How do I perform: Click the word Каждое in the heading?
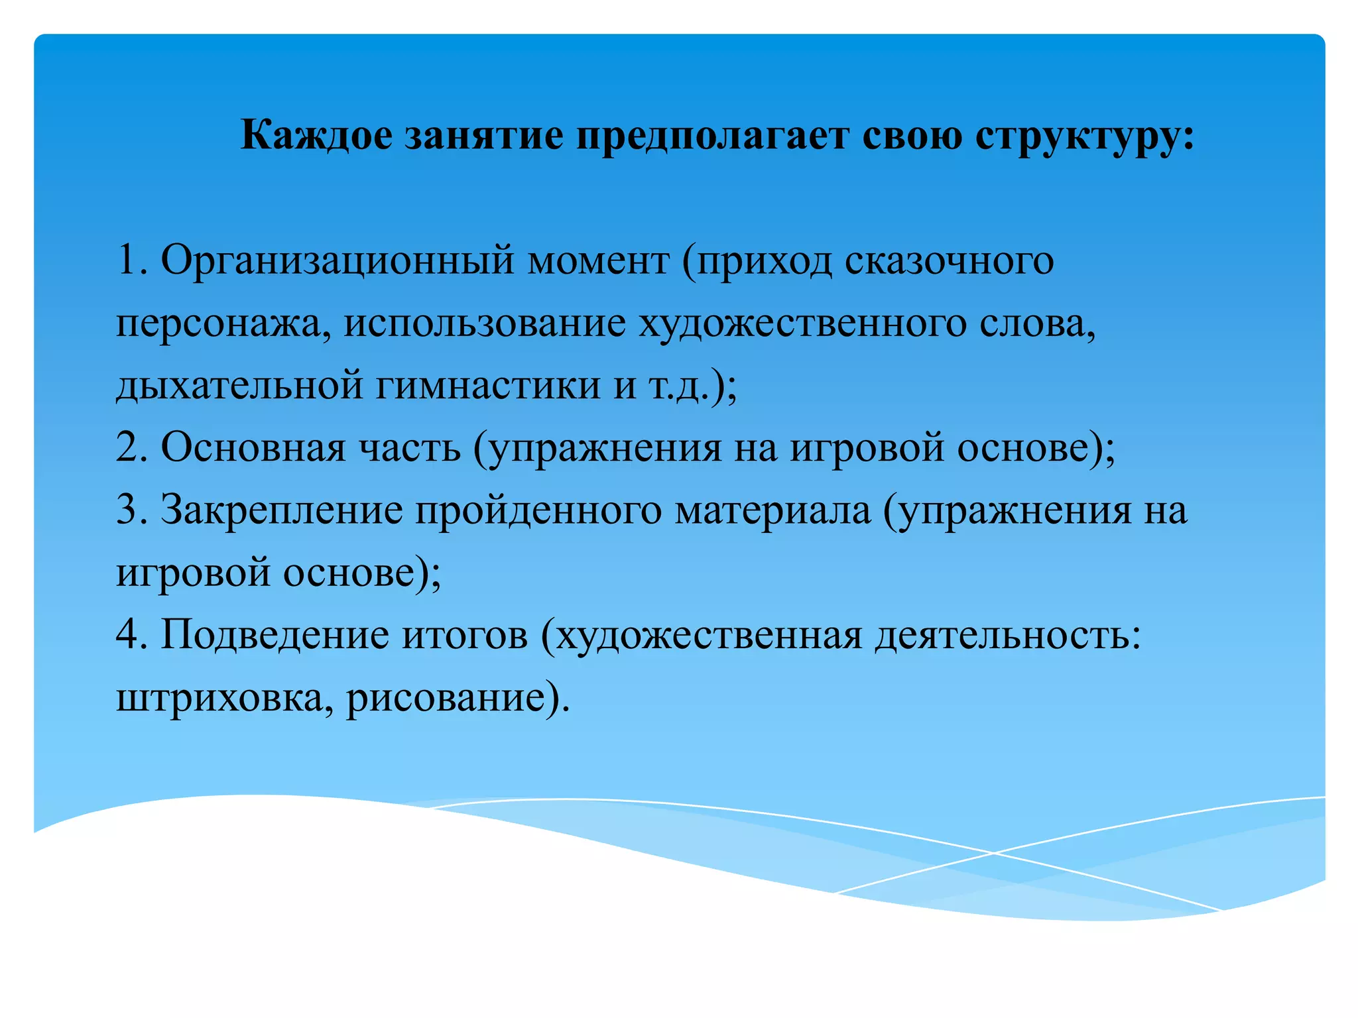tap(316, 136)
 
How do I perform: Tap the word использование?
tap(484, 323)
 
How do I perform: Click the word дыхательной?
tap(239, 386)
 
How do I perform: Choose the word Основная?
tap(253, 447)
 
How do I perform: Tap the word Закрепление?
tap(281, 510)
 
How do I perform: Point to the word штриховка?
tap(219, 697)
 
